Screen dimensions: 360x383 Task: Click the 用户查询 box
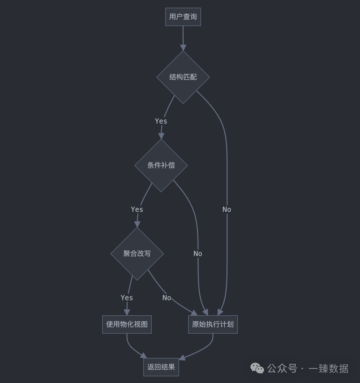183,17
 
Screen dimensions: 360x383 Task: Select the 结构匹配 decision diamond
183,77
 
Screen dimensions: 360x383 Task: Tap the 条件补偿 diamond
161,165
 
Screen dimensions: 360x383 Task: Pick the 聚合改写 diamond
137,254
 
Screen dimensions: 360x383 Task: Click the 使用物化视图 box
127,324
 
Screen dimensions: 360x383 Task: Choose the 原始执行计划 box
213,324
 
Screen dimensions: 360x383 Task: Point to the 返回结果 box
161,367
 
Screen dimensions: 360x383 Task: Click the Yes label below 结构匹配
161,121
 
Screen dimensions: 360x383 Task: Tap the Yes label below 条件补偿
137,210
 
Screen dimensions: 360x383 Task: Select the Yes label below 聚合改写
127,298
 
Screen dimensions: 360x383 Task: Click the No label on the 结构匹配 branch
227,210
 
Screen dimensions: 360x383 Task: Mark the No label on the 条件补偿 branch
198,254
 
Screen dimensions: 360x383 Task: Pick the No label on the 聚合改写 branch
167,298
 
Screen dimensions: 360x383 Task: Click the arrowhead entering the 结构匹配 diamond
183,47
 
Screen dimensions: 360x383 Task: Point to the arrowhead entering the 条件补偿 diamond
161,136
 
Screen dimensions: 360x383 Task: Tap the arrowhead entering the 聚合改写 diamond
137,224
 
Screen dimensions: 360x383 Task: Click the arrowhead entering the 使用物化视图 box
127,312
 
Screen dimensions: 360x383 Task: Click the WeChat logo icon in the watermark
257,368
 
